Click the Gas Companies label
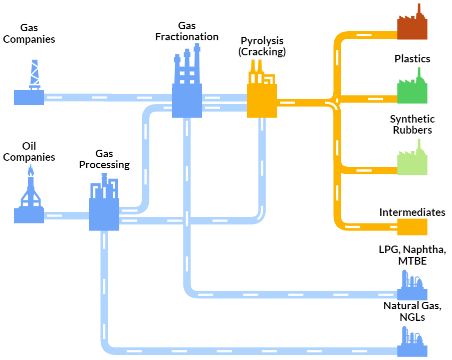pos(29,33)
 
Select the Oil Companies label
pos(29,152)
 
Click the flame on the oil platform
pos(31,171)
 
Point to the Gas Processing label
pos(104,159)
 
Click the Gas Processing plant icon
pos(104,205)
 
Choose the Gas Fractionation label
pos(187,31)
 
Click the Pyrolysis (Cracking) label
pos(262,46)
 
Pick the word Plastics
pos(412,59)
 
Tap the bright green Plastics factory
pos(412,88)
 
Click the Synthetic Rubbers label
pos(412,124)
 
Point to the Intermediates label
pos(412,212)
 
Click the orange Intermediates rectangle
pos(412,227)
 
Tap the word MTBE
pos(412,261)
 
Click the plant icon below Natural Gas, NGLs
pos(412,342)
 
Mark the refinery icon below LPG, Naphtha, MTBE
pos(412,285)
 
